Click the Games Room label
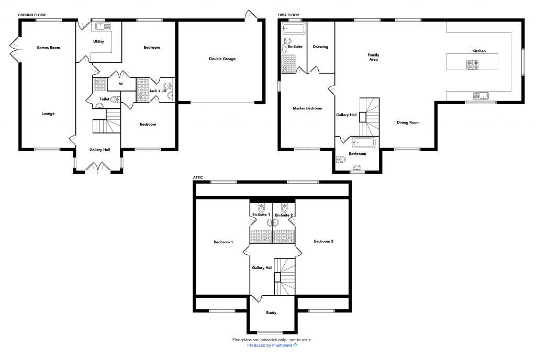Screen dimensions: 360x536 click(x=48, y=48)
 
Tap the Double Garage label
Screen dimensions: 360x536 click(x=222, y=59)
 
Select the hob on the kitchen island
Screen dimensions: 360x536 click(x=472, y=65)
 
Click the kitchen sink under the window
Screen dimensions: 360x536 click(x=480, y=95)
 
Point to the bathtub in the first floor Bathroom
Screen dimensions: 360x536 click(x=362, y=142)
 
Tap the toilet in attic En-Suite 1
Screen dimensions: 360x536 click(x=261, y=206)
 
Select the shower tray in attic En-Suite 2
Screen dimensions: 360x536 click(x=284, y=237)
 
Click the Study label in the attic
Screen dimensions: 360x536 click(x=271, y=313)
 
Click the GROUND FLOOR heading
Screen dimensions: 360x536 click(x=33, y=15)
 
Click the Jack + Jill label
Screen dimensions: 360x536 click(x=158, y=91)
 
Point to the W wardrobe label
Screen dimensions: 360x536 click(x=121, y=84)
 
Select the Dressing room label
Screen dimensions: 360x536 click(x=320, y=47)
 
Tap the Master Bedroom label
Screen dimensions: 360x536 click(x=307, y=108)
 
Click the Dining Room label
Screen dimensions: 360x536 click(x=408, y=122)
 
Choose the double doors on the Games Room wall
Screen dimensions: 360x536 click(x=15, y=50)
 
